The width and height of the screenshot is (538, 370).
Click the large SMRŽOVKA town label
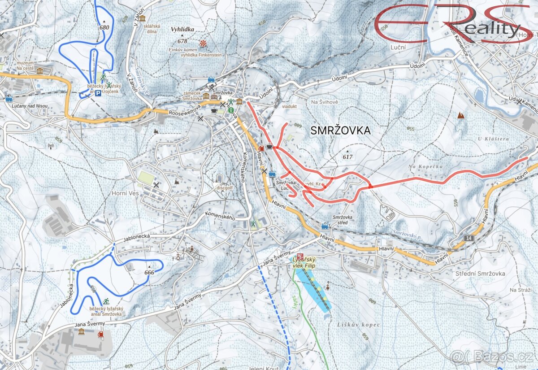341,131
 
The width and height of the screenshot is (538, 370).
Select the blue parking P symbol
98,93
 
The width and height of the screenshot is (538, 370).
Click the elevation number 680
104,27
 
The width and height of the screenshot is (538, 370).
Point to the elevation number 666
149,272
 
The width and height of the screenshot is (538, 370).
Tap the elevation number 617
347,157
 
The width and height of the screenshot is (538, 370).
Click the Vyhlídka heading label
182,30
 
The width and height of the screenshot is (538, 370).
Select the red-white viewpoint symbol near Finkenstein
204,43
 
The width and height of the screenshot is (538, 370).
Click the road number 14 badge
469,237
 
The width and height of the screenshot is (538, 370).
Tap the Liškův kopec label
358,324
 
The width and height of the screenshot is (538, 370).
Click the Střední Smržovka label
480,274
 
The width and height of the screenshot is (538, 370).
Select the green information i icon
230,109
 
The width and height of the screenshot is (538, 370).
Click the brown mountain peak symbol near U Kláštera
460,116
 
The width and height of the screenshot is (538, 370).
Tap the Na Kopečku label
425,167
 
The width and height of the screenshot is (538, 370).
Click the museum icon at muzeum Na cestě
40,71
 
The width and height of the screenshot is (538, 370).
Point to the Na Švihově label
325,102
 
